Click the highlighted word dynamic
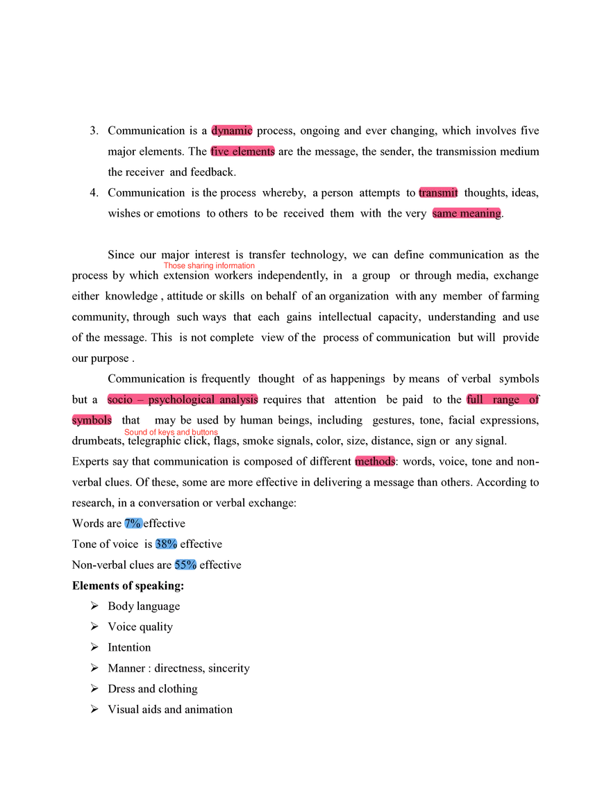point(232,131)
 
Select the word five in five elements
point(221,151)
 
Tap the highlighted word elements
point(254,151)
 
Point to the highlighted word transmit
point(438,192)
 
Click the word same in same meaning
point(444,213)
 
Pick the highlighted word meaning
point(480,213)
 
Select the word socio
point(120,400)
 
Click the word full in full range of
point(475,400)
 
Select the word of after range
point(533,400)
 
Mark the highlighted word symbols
point(92,421)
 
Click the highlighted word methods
point(376,461)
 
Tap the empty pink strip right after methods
point(412,469)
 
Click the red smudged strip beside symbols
point(171,433)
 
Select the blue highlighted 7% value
point(133,524)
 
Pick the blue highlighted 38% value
point(167,544)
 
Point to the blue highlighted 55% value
point(185,565)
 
